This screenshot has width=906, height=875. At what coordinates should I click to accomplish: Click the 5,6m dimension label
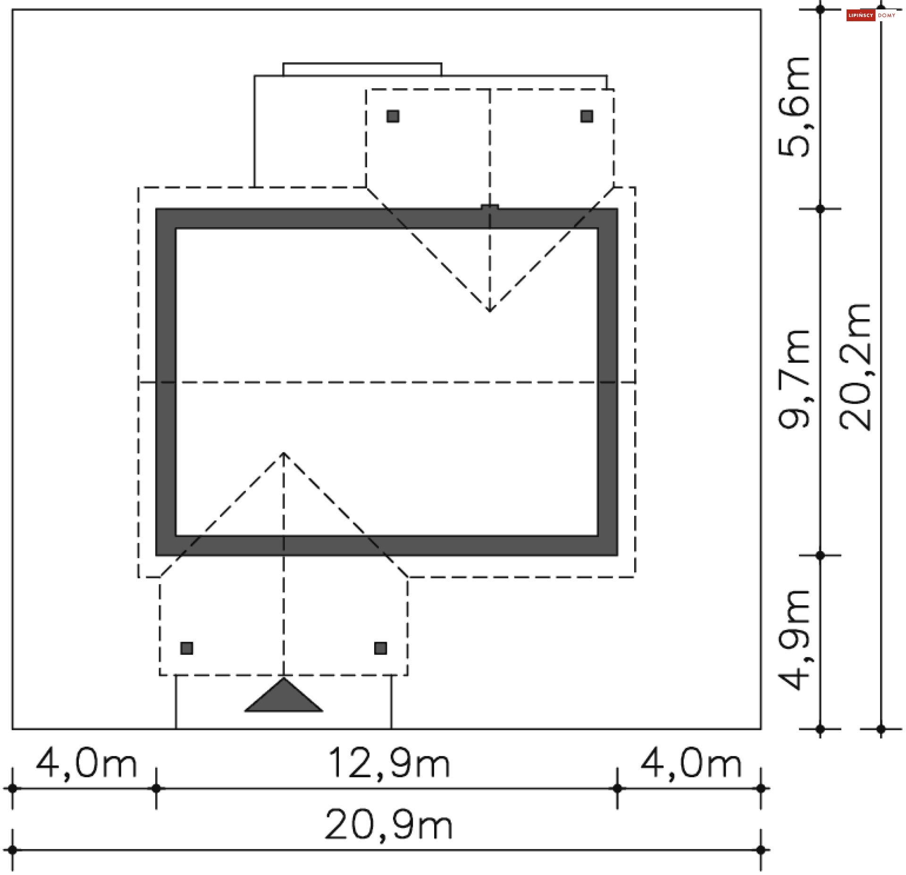click(x=794, y=107)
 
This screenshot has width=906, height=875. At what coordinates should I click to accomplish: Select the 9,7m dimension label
click(x=794, y=379)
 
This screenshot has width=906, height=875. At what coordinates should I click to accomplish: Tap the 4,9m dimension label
click(x=794, y=640)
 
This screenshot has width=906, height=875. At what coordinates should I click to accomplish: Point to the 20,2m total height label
click(x=855, y=367)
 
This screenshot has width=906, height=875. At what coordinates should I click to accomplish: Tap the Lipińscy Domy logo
click(x=871, y=16)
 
